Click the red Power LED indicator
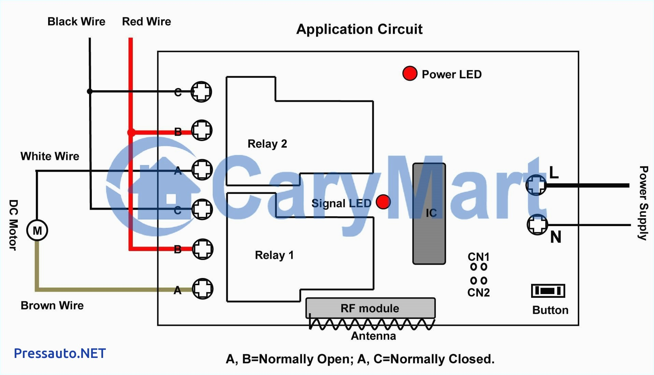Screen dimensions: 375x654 click(410, 73)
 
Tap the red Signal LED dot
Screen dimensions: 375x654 click(383, 202)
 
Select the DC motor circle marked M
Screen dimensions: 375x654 click(37, 231)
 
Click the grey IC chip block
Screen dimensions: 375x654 click(429, 214)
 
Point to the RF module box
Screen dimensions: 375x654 click(370, 308)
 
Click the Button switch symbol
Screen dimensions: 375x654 click(548, 291)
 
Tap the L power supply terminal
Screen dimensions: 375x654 click(536, 185)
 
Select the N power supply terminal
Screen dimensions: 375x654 click(537, 225)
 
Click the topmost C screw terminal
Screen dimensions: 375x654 click(201, 92)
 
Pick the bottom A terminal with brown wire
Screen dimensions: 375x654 click(203, 289)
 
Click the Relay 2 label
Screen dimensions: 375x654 click(267, 144)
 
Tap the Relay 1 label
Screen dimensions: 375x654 click(274, 255)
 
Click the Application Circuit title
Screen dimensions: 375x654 click(359, 29)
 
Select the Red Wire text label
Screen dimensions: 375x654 click(146, 22)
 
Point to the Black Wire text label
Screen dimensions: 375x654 click(76, 22)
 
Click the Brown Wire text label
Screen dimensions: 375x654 click(52, 305)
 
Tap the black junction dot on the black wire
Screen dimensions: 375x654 click(90, 92)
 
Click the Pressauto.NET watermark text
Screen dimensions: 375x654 click(60, 353)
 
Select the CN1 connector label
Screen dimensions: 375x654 click(478, 256)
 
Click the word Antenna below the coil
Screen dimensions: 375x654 click(373, 336)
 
